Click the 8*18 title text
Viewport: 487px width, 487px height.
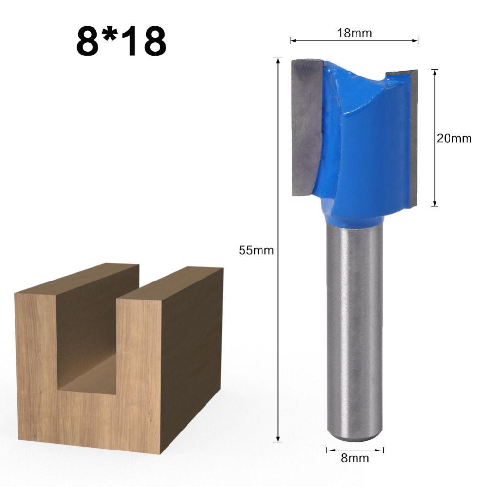pos(121,41)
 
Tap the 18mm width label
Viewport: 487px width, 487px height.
pos(354,33)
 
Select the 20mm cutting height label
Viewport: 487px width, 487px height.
pos(454,138)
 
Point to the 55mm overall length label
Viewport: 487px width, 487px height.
pos(256,251)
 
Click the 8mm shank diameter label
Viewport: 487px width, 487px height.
pos(355,458)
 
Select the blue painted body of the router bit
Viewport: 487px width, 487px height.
pos(363,156)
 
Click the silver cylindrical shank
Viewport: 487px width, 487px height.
pos(354,331)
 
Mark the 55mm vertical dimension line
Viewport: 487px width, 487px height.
pos(278,341)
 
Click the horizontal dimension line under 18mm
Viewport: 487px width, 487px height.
pos(354,41)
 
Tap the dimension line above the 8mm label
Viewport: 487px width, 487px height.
pos(355,450)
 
